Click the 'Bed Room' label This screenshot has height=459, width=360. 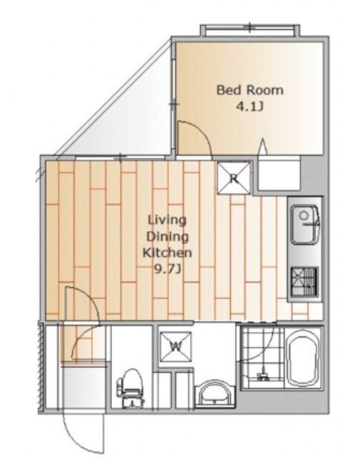(250, 90)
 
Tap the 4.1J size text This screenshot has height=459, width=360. (250, 107)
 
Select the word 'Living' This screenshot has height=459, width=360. (167, 219)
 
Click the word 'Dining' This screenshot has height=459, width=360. (167, 236)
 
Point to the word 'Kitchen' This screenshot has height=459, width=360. (167, 252)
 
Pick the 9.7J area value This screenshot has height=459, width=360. (167, 269)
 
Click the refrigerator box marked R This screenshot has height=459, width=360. (234, 178)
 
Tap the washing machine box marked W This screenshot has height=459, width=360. (176, 347)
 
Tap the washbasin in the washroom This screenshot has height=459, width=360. (215, 393)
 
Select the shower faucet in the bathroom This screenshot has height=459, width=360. (263, 374)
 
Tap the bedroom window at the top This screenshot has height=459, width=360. (250, 30)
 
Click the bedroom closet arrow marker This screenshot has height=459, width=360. (263, 146)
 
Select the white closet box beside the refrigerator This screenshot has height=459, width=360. (279, 174)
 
